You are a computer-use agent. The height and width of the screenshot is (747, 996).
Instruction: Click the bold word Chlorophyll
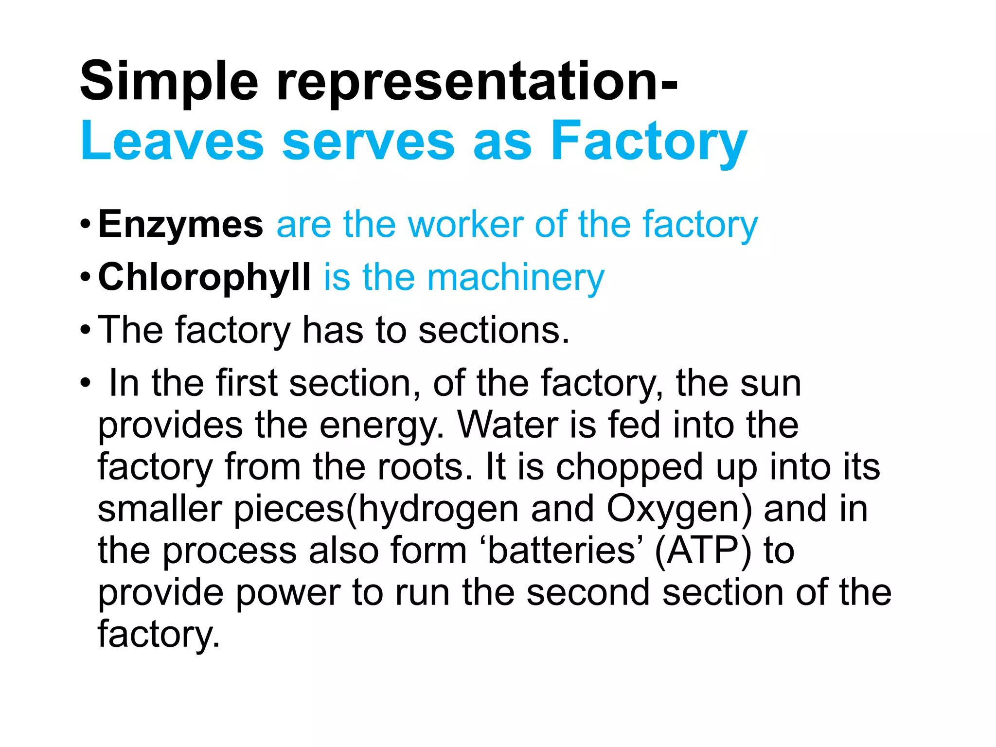pos(204,277)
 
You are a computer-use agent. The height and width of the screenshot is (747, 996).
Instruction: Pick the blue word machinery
pos(516,277)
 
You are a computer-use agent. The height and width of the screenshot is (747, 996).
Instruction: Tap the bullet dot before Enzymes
pos(85,225)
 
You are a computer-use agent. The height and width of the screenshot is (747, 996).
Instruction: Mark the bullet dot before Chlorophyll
pos(85,278)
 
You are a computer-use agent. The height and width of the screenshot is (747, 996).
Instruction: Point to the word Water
pos(507,425)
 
